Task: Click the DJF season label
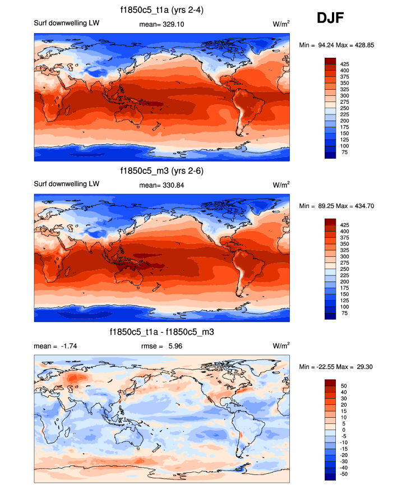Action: pos(330,18)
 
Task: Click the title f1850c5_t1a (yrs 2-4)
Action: pos(161,10)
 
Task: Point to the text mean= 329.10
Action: pos(161,25)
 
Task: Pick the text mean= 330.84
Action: pos(161,184)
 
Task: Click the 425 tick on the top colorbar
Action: pos(345,64)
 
